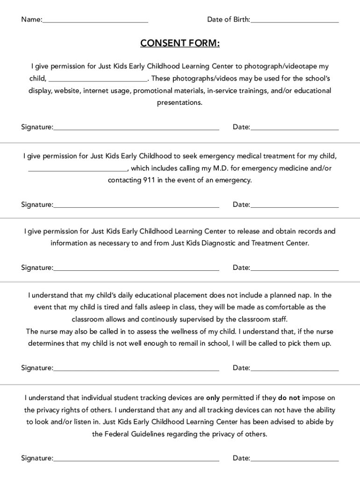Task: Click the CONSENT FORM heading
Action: (180, 44)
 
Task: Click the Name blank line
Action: (95, 22)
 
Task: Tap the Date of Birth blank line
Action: (295, 22)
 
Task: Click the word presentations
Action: (180, 102)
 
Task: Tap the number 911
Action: (149, 180)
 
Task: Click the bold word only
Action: (213, 398)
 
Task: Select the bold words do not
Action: (289, 398)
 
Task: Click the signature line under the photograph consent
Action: (136, 129)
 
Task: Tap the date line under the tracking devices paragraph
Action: (295, 460)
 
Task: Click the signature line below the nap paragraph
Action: (136, 370)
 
